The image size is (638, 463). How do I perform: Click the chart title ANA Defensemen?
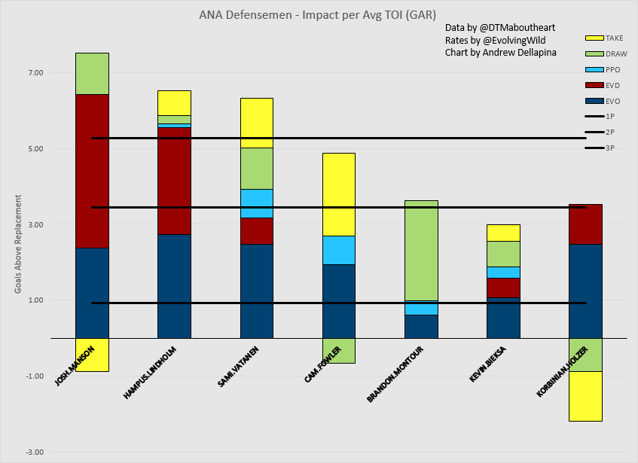point(319,14)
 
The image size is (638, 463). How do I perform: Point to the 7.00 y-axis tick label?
point(36,73)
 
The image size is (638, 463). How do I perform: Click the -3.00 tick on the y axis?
point(35,452)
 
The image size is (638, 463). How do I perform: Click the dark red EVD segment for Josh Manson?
point(92,171)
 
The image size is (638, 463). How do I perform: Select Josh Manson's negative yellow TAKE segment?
point(92,355)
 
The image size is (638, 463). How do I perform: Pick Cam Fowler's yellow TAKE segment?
point(339,194)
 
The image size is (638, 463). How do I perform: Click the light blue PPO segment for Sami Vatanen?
point(256,203)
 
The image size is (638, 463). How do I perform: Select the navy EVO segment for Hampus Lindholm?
point(174,286)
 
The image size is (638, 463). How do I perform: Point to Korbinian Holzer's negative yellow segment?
point(585,396)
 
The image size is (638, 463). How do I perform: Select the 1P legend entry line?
point(595,116)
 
